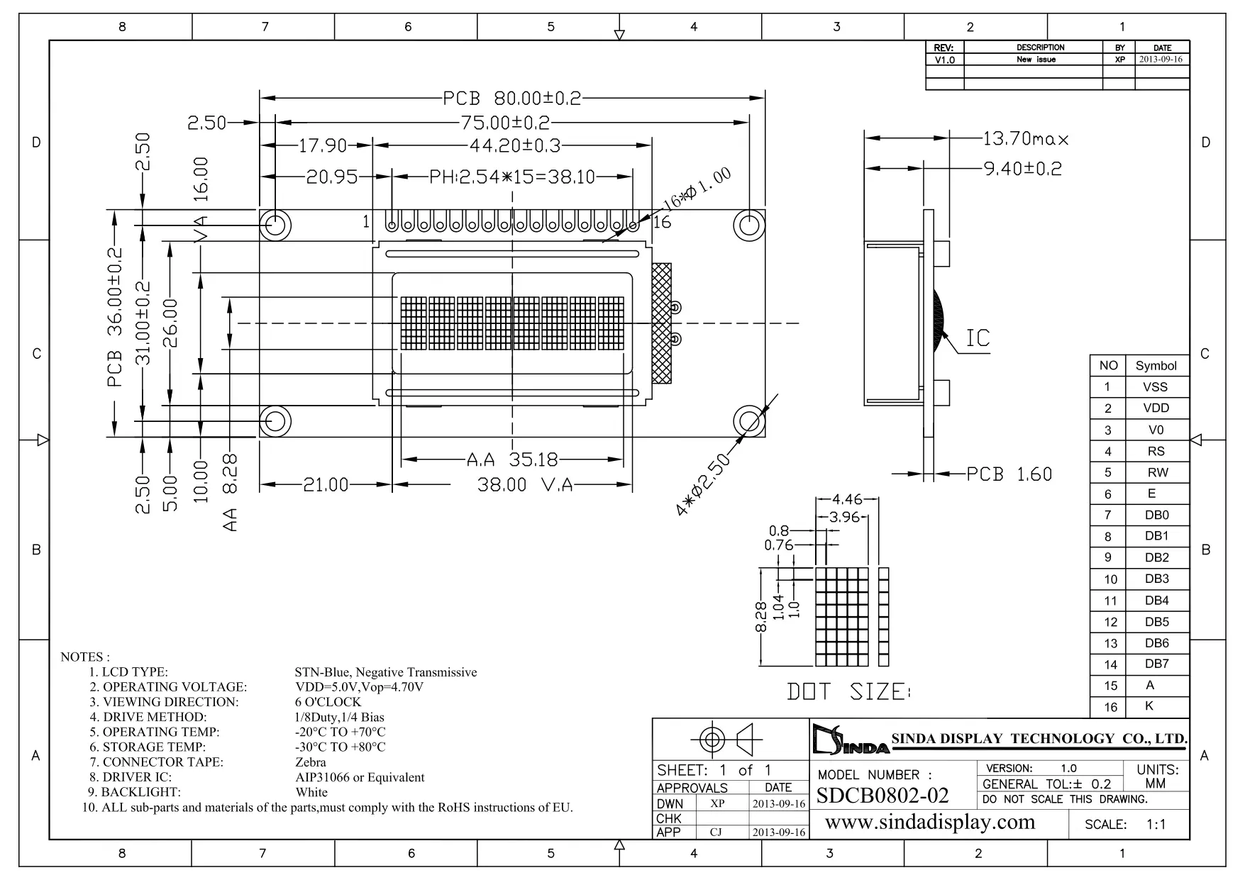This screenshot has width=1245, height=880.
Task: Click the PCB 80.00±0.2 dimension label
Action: [x=511, y=98]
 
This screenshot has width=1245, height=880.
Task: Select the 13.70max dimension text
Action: [x=1025, y=138]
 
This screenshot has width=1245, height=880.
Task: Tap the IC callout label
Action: [x=978, y=338]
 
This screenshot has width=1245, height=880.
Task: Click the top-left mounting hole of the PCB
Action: [x=275, y=225]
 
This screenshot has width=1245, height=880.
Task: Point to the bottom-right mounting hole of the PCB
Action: [x=748, y=421]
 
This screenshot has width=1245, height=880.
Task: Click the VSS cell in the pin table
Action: [x=1155, y=387]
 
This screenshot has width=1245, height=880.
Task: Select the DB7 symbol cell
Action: [x=1156, y=664]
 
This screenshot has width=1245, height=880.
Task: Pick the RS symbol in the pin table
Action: [x=1156, y=451]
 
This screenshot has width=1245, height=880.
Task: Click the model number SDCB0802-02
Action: [x=882, y=796]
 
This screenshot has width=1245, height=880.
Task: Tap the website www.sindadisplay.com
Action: [x=930, y=822]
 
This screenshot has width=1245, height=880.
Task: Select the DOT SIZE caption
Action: [x=848, y=691]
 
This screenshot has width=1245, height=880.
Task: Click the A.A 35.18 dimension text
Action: [x=512, y=460]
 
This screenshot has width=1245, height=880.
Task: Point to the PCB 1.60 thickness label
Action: [x=1009, y=474]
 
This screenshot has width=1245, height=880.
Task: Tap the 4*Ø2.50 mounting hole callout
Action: [x=703, y=485]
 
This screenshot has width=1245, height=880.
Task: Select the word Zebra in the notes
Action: [x=311, y=762]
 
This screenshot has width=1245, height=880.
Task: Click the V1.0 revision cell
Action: [x=944, y=60]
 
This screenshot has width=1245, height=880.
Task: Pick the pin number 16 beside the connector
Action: [x=661, y=223]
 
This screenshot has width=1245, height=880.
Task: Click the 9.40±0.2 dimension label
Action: [x=1022, y=169]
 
